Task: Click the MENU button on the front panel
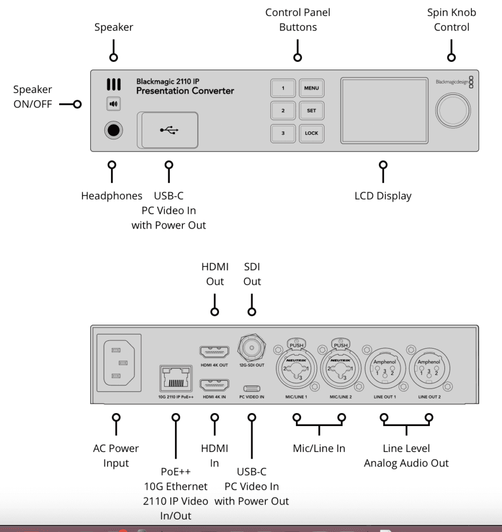pyautogui.click(x=311, y=88)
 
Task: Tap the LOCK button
pyautogui.click(x=311, y=134)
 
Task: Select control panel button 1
pyautogui.click(x=283, y=88)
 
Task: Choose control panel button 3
pyautogui.click(x=283, y=134)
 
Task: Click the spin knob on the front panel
pyautogui.click(x=453, y=111)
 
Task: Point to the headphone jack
pyautogui.click(x=114, y=130)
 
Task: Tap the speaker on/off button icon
pyautogui.click(x=114, y=104)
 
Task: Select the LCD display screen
pyautogui.click(x=384, y=111)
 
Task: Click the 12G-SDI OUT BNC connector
pyautogui.click(x=251, y=348)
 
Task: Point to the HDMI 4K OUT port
pyautogui.click(x=214, y=352)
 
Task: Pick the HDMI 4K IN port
pyautogui.click(x=214, y=385)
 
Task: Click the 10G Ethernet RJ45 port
pyautogui.click(x=175, y=378)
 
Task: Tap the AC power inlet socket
pyautogui.click(x=119, y=363)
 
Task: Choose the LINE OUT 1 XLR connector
pyautogui.click(x=385, y=368)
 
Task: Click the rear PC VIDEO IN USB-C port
pyautogui.click(x=251, y=388)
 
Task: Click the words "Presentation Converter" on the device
pyautogui.click(x=185, y=91)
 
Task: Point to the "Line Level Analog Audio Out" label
pyautogui.click(x=406, y=456)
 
